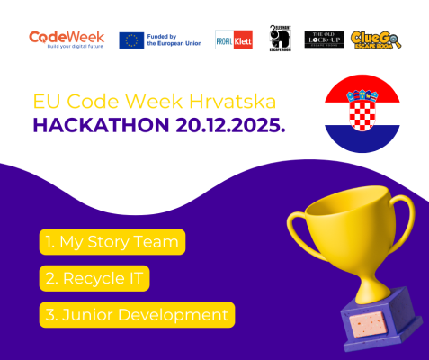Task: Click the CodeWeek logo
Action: coord(67,39)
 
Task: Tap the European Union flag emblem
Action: coord(131,40)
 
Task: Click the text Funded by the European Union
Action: coord(174,40)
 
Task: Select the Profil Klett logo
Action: coord(234,40)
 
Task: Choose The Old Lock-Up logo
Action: coord(325,40)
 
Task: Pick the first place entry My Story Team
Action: coord(112,242)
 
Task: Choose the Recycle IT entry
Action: coord(94,278)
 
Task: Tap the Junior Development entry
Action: coord(137,314)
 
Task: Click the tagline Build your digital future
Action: coord(67,46)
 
